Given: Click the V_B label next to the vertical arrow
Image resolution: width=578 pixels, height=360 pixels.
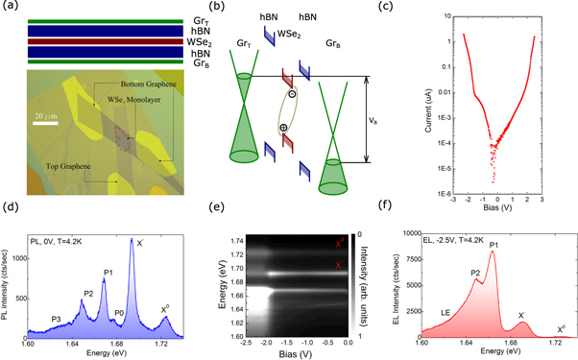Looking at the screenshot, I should [x=377, y=122].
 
